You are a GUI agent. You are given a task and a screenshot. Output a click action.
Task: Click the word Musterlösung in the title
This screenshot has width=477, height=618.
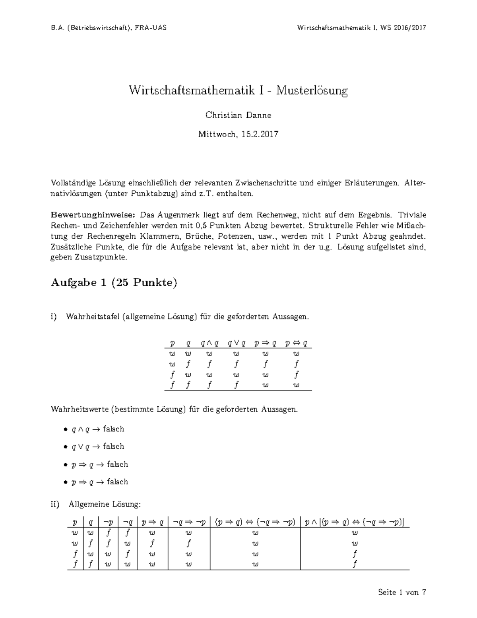(312, 91)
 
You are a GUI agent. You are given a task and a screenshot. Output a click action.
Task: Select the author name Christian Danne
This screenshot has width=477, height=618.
(238, 115)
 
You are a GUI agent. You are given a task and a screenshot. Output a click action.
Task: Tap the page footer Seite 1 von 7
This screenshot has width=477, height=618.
(402, 593)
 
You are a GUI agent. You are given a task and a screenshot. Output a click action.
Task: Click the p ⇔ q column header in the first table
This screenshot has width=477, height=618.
(296, 343)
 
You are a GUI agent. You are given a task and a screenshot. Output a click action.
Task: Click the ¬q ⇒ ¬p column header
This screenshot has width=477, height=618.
(188, 522)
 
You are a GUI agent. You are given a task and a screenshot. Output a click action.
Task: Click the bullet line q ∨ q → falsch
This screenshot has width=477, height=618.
(98, 446)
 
